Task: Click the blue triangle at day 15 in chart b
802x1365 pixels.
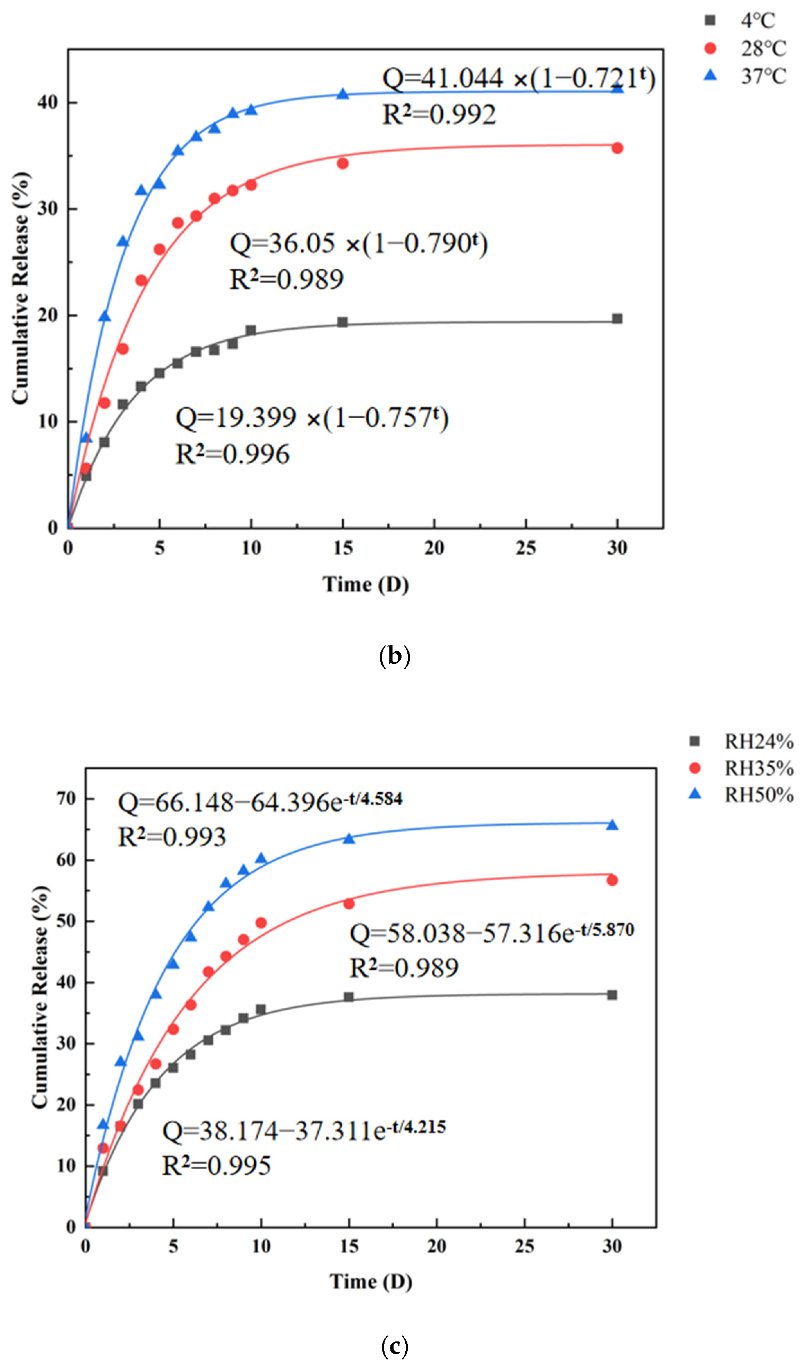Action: [x=343, y=94]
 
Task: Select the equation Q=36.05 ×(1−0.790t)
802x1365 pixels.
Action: [x=359, y=244]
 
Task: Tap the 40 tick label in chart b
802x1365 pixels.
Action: [x=48, y=102]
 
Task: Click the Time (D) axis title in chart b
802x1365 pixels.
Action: [x=366, y=585]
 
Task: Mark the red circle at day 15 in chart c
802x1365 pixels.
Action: [x=349, y=903]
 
